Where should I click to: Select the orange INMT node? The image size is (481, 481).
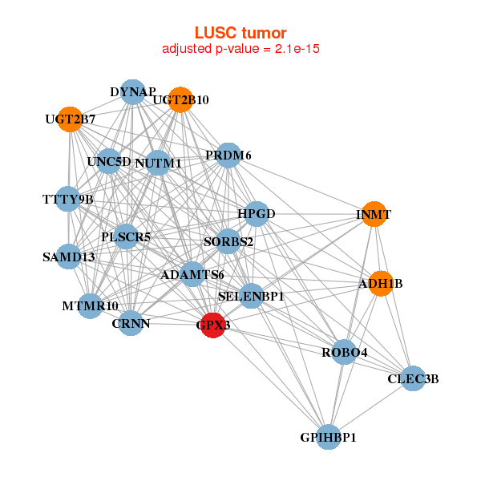(x=373, y=214)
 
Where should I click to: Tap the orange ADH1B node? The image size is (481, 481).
(x=382, y=283)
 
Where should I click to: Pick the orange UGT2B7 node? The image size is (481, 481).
(x=70, y=119)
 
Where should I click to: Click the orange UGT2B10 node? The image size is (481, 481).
(x=180, y=99)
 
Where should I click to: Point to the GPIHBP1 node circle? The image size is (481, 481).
(x=328, y=437)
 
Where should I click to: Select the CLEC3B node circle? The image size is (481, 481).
(x=412, y=378)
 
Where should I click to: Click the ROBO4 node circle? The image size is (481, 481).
(x=344, y=352)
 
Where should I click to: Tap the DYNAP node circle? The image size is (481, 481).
(x=133, y=92)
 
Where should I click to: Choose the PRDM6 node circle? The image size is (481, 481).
(x=228, y=155)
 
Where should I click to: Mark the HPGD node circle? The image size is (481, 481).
(x=256, y=214)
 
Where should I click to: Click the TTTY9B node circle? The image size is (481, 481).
(x=68, y=198)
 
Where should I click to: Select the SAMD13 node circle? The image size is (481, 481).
(x=69, y=257)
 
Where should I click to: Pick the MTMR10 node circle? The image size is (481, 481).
(x=90, y=305)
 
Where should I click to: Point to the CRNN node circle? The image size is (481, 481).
(x=131, y=323)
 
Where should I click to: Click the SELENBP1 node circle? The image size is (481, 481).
(x=251, y=296)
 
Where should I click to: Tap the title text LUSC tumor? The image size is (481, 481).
(x=240, y=33)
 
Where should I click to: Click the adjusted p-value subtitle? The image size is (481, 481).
(x=241, y=49)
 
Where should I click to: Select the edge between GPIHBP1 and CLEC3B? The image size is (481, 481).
(x=370, y=408)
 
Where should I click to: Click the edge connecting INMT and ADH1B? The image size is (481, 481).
(x=378, y=249)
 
